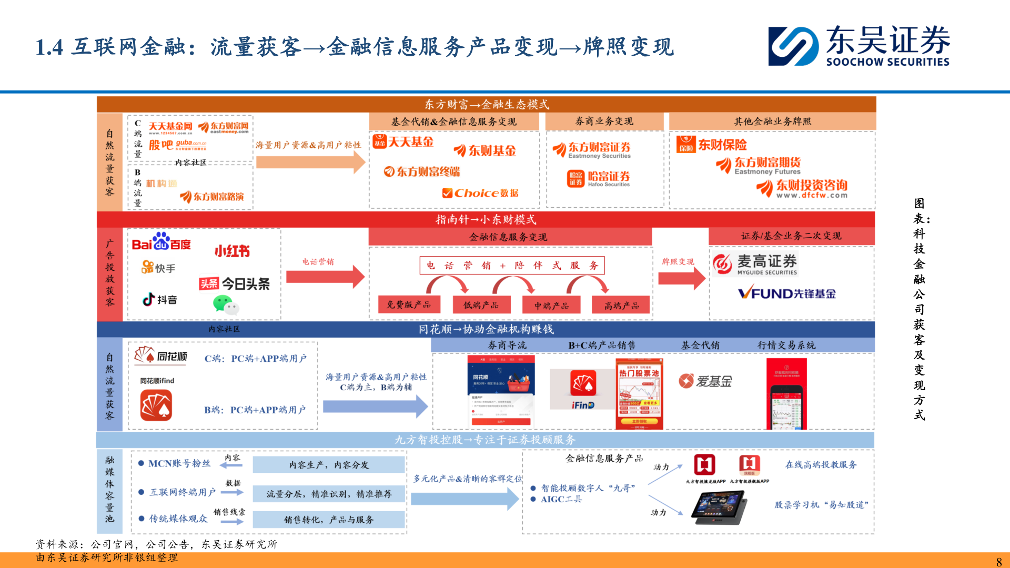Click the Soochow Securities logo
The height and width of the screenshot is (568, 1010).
click(x=858, y=46)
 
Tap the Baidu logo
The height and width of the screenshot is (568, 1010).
click(x=161, y=242)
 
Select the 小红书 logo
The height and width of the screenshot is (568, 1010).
click(x=232, y=251)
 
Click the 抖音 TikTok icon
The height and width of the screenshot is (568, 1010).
click(x=149, y=299)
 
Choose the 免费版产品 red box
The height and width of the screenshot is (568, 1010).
click(x=409, y=305)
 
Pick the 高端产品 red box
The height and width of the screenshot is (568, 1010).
click(x=621, y=305)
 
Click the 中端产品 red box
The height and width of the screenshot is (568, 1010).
click(x=551, y=305)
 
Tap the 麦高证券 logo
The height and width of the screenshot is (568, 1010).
click(x=755, y=264)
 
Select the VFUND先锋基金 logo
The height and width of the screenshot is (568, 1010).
click(x=786, y=293)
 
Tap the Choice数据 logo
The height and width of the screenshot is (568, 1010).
click(x=480, y=193)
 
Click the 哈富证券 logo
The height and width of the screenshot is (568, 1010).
click(x=599, y=179)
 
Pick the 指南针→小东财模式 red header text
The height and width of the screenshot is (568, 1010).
click(x=486, y=219)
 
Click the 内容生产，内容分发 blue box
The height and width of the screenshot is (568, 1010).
click(x=329, y=465)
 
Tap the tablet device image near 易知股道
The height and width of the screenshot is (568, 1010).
click(x=720, y=507)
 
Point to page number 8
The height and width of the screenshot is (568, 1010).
click(x=999, y=561)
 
